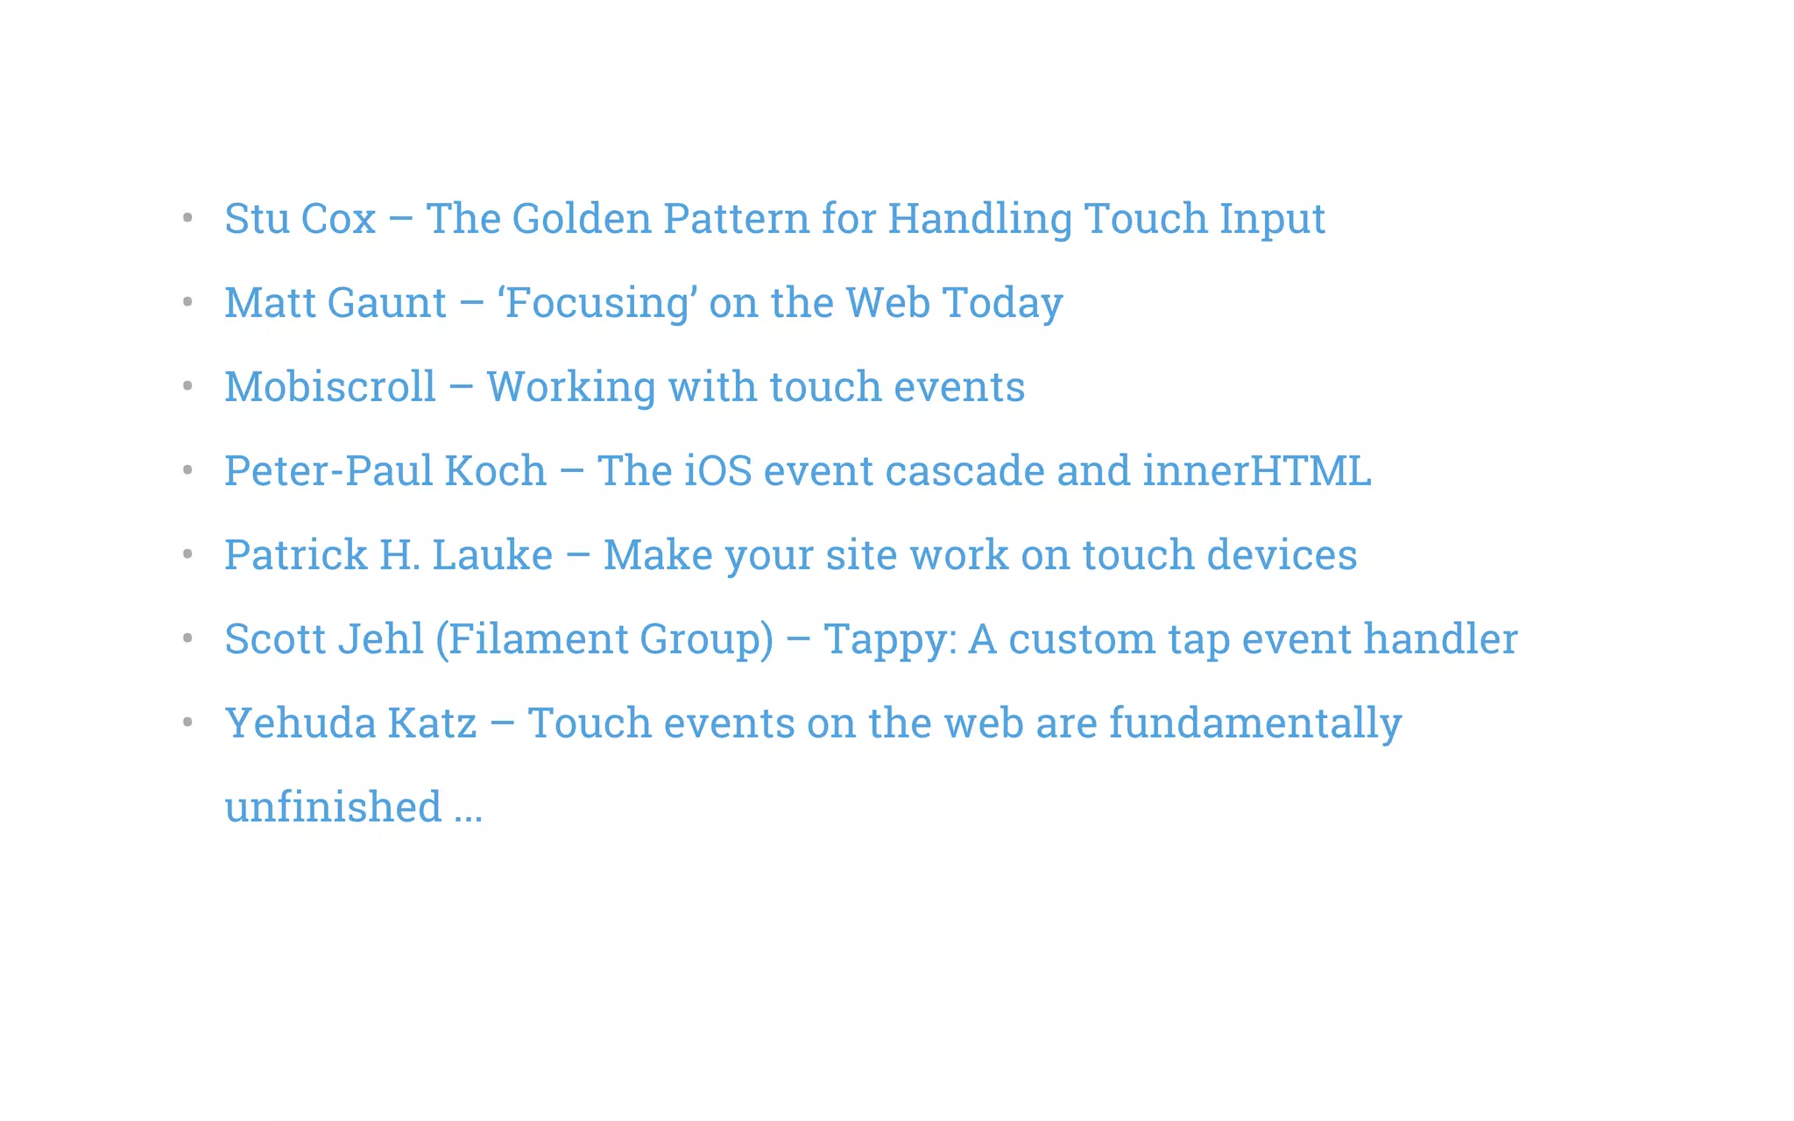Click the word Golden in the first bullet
click(x=582, y=218)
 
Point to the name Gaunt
click(x=387, y=302)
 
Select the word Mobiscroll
click(x=329, y=386)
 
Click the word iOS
click(x=717, y=470)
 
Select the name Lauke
click(x=492, y=554)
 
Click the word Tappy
click(x=888, y=638)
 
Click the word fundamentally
click(x=1254, y=723)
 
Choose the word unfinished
click(x=333, y=807)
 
